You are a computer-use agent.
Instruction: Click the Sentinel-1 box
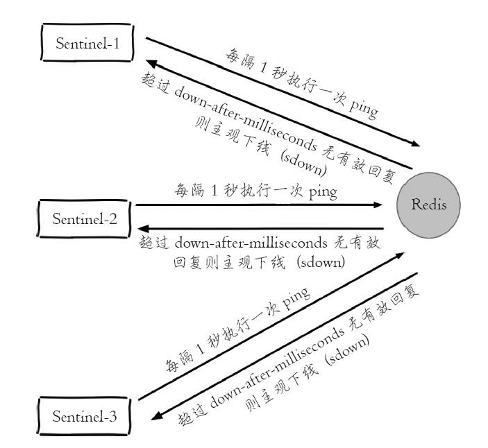[x=87, y=44]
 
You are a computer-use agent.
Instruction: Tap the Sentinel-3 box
[x=85, y=417]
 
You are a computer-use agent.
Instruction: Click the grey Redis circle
[x=428, y=205]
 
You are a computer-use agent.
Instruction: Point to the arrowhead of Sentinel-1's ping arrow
[x=416, y=145]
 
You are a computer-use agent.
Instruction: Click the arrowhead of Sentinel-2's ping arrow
[x=378, y=205]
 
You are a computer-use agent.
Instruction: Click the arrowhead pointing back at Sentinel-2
[x=142, y=228]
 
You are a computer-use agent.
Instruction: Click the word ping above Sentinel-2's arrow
[x=323, y=191]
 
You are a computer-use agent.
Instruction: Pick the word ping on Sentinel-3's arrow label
[x=294, y=298]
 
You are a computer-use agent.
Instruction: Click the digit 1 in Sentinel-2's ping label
[x=214, y=191]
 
